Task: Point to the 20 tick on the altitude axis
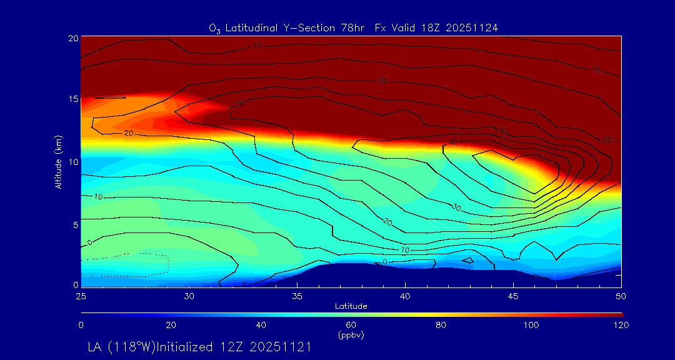coord(72,37)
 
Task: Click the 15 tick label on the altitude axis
coord(72,99)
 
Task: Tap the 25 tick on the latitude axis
coord(81,295)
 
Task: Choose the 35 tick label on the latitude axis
coord(297,295)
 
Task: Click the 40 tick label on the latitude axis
coord(405,295)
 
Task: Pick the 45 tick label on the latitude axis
coord(513,295)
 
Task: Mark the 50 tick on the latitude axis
coord(621,295)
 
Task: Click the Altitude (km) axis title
coord(58,161)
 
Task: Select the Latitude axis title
coord(351,306)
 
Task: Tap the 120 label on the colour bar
coord(621,324)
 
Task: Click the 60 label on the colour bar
coord(351,324)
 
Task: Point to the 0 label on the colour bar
coord(81,324)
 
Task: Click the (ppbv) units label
coord(351,335)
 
